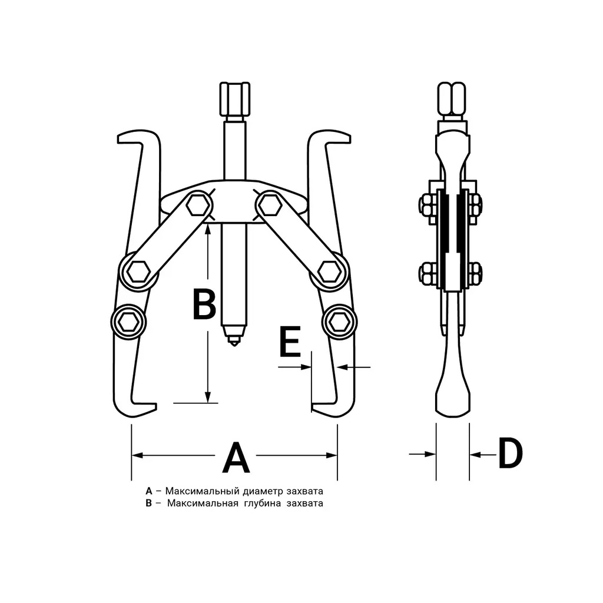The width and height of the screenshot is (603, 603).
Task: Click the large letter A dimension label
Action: point(236,457)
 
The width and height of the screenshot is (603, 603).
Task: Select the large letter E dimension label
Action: point(290,342)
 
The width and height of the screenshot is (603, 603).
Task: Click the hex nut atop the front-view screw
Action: point(234,99)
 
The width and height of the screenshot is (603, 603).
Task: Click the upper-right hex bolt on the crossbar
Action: point(269,205)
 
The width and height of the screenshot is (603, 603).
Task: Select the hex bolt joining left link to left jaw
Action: point(138,271)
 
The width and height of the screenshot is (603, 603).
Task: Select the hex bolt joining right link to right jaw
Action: point(330,271)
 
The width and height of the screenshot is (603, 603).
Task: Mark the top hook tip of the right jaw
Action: point(349,138)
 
